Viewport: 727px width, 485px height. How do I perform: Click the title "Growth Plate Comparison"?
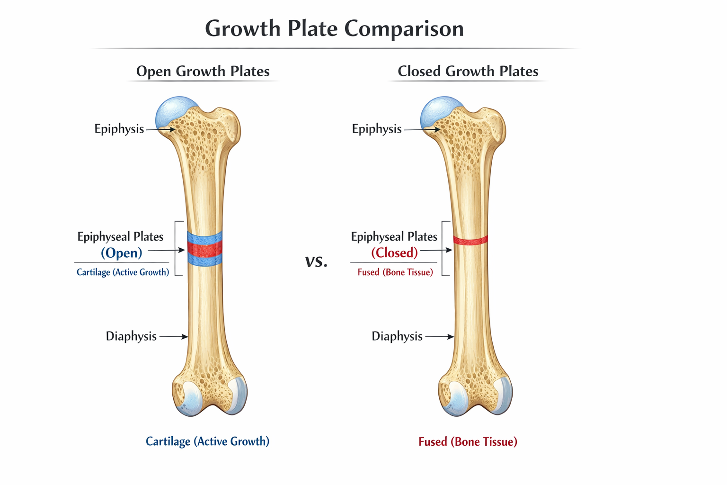click(x=334, y=28)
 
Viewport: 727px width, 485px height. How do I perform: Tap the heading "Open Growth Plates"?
click(x=203, y=71)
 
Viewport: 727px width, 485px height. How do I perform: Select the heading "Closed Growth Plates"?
click(x=468, y=71)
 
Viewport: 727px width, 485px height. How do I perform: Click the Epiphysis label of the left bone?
click(x=119, y=129)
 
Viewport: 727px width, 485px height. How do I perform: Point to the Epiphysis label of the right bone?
click(x=376, y=129)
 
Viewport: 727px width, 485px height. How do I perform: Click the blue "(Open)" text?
click(x=121, y=253)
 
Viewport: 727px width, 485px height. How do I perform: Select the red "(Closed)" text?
click(x=394, y=253)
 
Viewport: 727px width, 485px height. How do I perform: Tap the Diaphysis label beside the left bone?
click(x=131, y=336)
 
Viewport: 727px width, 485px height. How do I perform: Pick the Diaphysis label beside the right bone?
click(x=397, y=336)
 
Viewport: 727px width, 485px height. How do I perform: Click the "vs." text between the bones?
click(x=316, y=261)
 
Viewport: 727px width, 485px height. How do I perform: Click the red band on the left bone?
click(x=204, y=249)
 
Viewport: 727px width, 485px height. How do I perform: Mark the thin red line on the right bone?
click(x=470, y=240)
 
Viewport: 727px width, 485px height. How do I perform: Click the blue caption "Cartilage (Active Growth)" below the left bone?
click(x=207, y=441)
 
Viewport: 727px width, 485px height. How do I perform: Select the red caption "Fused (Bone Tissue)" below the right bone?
click(x=468, y=442)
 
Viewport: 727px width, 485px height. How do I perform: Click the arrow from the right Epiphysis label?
click(x=422, y=129)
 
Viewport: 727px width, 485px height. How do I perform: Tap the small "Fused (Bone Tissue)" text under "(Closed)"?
click(x=395, y=272)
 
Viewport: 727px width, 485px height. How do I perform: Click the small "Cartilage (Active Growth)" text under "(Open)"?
click(x=123, y=272)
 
